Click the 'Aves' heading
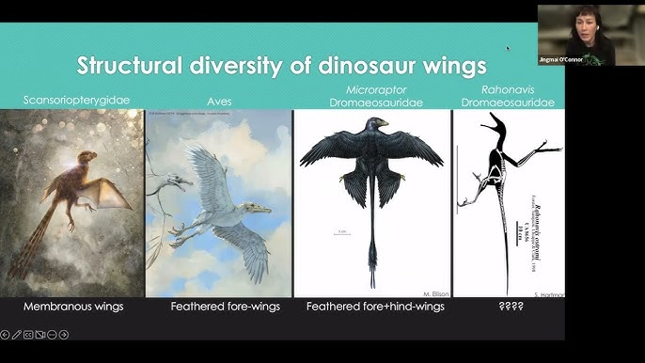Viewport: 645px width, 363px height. tap(218, 99)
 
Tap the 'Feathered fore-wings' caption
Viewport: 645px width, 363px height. tap(218, 306)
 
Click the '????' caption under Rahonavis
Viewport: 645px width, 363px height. tap(508, 306)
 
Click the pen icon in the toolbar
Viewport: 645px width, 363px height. tap(17, 334)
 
